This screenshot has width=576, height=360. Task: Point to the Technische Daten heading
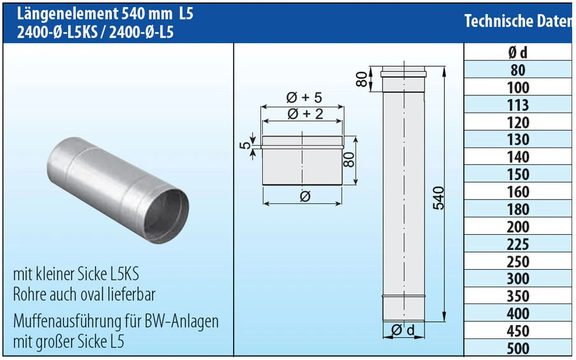coord(519,21)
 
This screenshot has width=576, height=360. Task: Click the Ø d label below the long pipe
coord(404,329)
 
